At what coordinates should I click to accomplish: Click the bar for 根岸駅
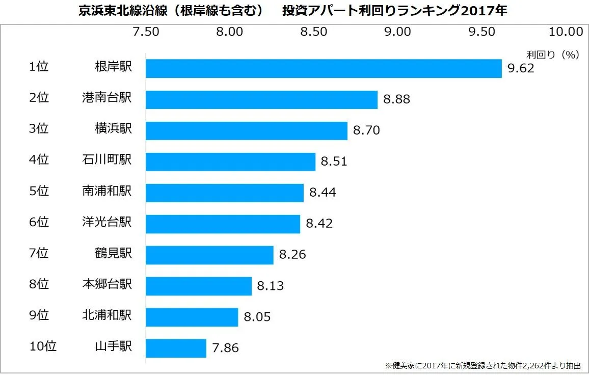pos(324,69)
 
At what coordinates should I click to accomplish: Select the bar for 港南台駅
pos(261,100)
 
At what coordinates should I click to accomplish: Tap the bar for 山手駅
pos(176,348)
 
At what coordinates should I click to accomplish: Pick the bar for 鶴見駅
pos(209,255)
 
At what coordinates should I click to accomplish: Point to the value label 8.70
pos(366,131)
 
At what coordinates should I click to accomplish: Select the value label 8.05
pos(257,317)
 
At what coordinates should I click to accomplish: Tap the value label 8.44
pos(323,193)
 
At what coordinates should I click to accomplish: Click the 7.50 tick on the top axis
pos(146,32)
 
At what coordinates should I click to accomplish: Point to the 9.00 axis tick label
pos(397,32)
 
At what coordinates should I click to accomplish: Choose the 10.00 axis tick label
pos(566,32)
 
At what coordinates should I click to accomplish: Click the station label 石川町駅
pos(106,160)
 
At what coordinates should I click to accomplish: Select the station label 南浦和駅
pos(106,191)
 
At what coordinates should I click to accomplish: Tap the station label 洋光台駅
pos(106,222)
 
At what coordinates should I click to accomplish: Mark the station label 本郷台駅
pos(106,284)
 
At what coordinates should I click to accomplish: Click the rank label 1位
pos(39,67)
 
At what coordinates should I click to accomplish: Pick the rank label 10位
pos(43,346)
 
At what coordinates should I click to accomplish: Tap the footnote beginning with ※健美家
pos(483,366)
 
